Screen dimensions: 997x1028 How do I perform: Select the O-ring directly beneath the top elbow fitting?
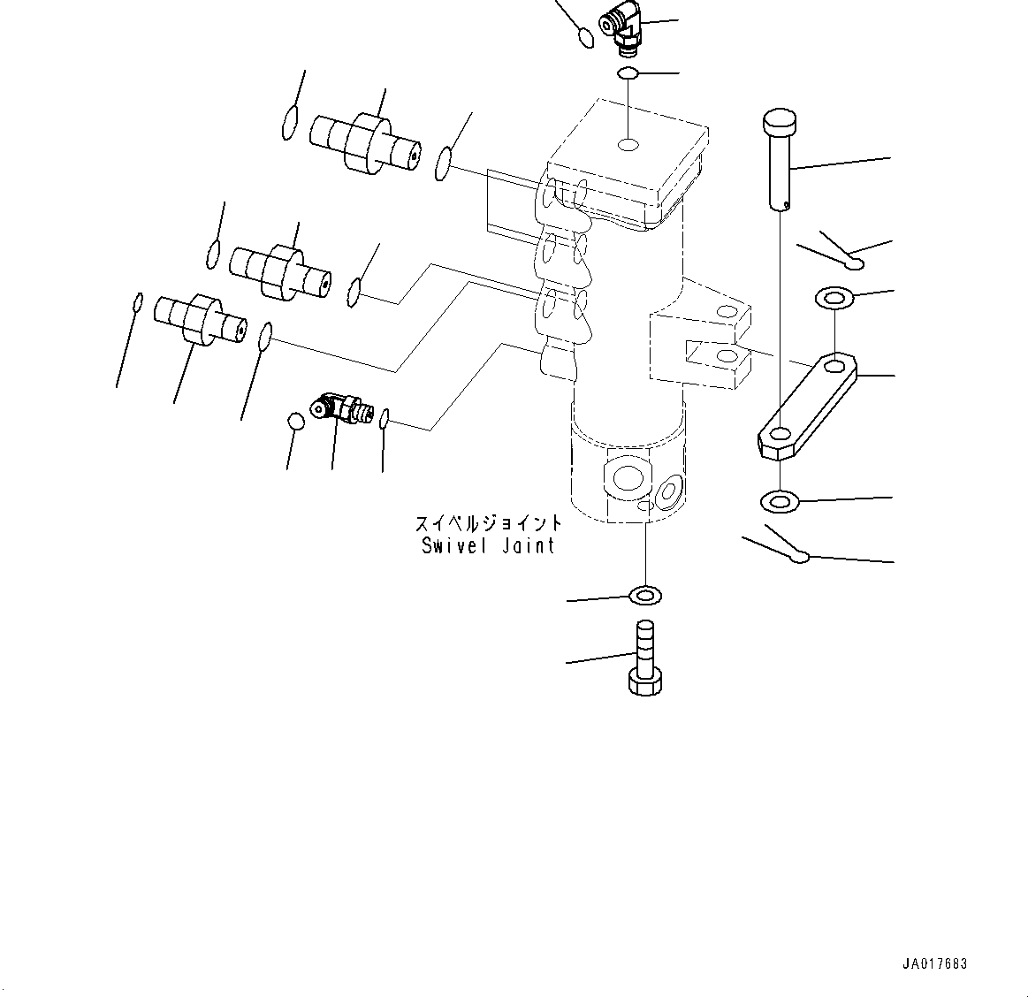(x=628, y=73)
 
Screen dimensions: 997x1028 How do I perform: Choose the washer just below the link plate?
(x=779, y=503)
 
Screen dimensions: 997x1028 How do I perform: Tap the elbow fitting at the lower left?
(x=340, y=409)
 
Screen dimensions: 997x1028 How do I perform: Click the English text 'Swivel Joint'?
(x=488, y=545)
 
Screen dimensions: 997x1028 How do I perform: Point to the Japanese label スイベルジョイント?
(x=488, y=523)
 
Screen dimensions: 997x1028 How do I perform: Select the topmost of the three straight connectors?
(x=363, y=143)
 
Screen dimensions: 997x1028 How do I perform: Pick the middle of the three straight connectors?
(x=280, y=270)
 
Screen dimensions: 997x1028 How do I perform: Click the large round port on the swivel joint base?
(x=628, y=478)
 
